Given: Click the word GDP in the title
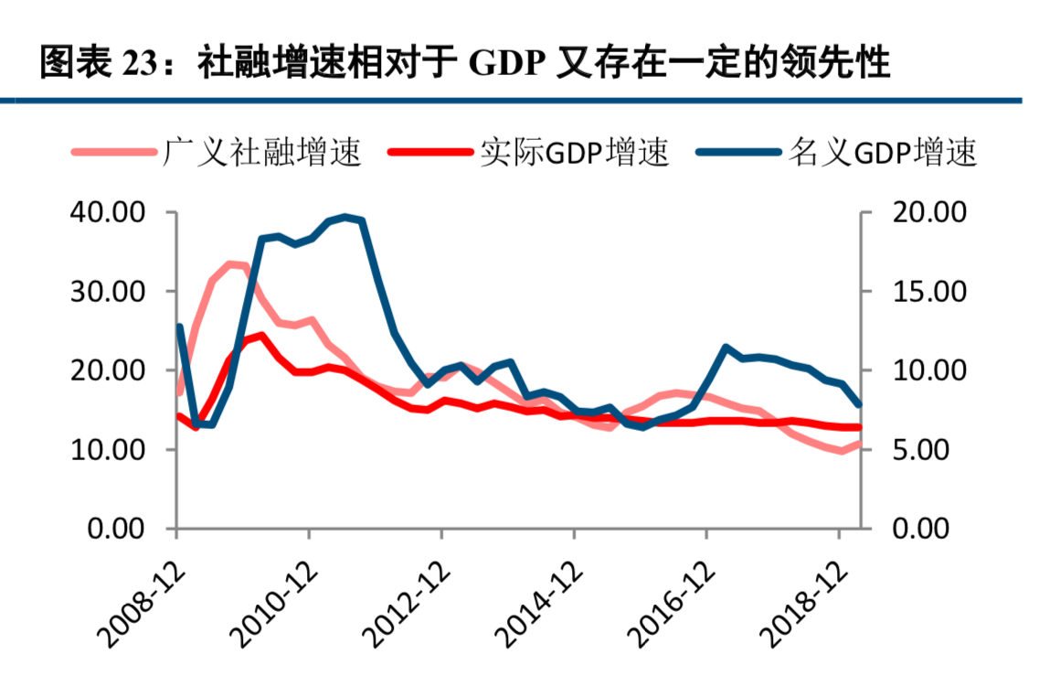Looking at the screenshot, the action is [507, 64].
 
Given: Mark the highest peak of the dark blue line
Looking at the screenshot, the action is [345, 217].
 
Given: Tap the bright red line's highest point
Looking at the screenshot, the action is [261, 335].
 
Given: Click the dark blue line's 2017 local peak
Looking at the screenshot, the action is [726, 348].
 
